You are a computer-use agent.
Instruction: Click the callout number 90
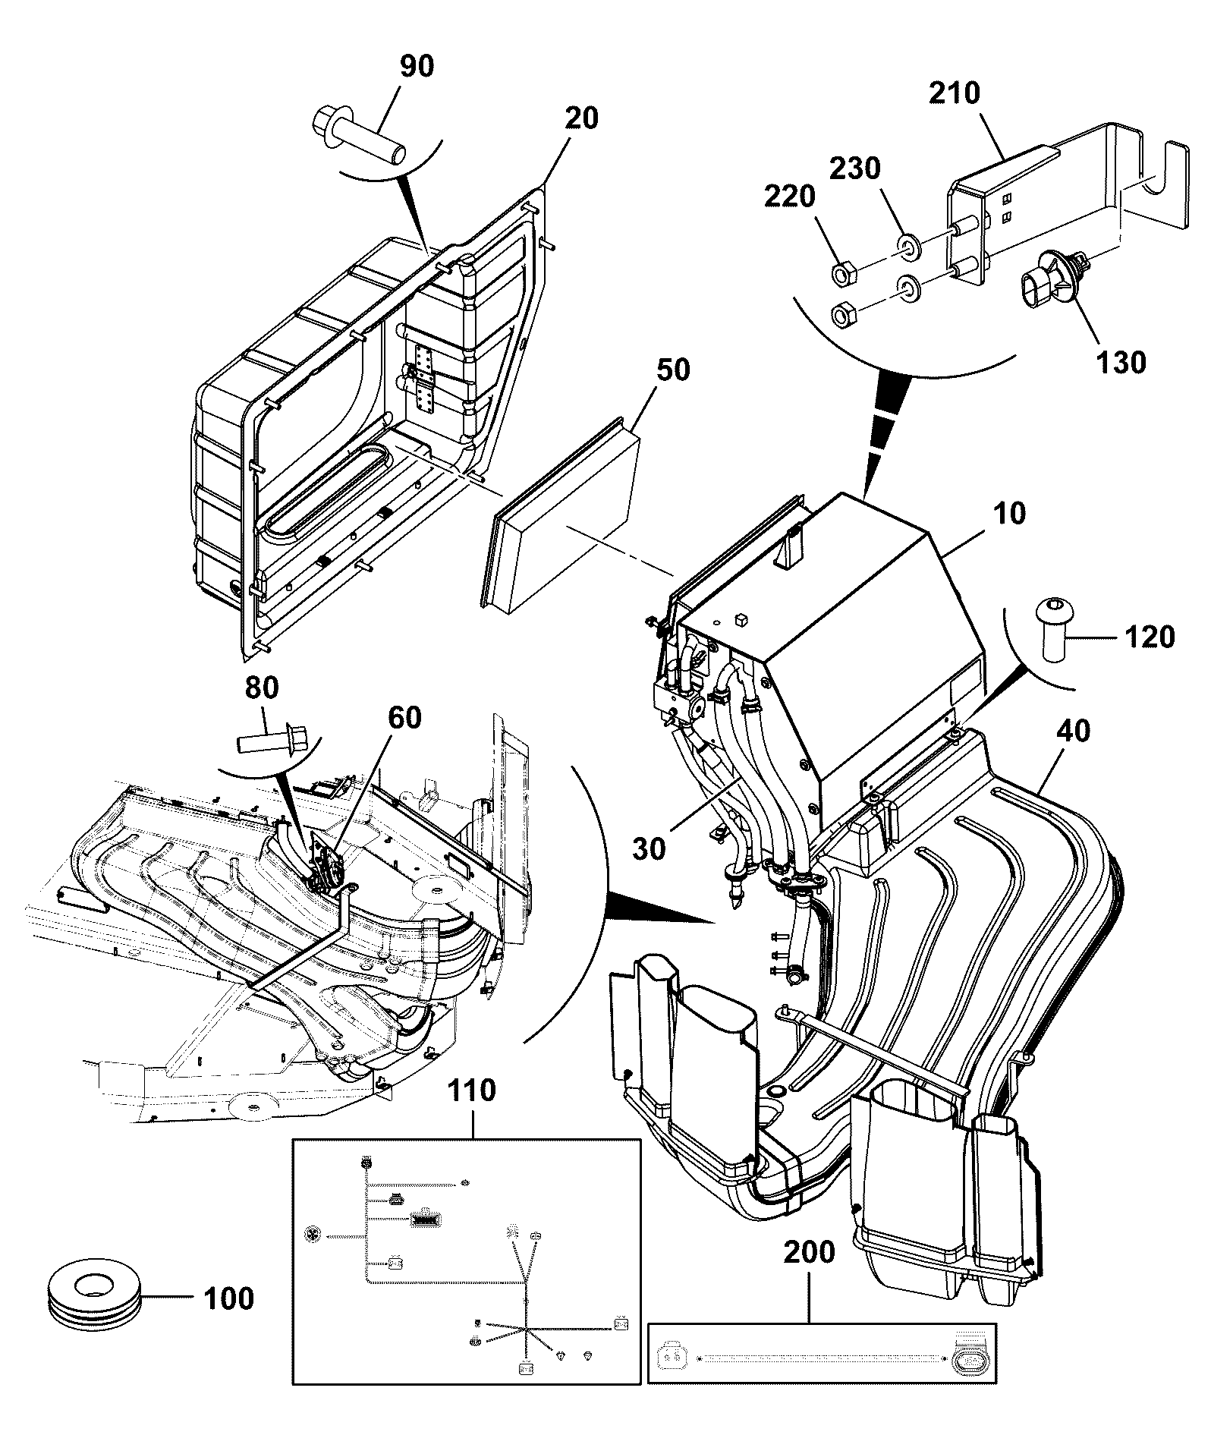(417, 66)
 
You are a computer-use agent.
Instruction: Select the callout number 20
(580, 118)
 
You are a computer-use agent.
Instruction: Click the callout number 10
(1009, 514)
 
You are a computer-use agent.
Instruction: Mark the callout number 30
(650, 849)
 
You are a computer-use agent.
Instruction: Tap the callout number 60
(404, 717)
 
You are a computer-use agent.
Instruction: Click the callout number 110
(471, 1091)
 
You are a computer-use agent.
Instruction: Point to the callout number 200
(809, 1252)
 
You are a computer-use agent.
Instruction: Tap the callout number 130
(1122, 362)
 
